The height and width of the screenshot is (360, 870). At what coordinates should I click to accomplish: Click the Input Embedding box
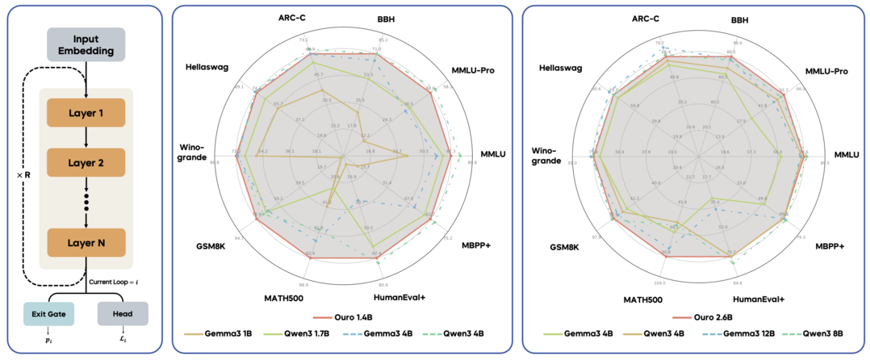[x=86, y=45]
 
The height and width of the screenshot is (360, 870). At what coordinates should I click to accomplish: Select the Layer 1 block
[x=86, y=113]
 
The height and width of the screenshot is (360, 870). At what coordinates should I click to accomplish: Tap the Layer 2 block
[x=86, y=161]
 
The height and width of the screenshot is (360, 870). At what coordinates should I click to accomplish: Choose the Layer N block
[x=86, y=242]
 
